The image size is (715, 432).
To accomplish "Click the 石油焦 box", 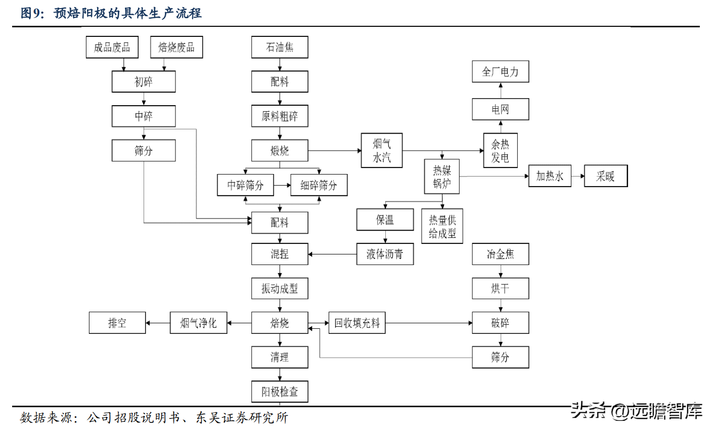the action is click(x=280, y=47).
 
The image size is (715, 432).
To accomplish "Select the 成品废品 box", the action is click(x=112, y=47).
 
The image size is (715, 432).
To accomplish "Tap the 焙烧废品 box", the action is click(x=176, y=47).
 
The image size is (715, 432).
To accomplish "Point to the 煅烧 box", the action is click(x=280, y=150).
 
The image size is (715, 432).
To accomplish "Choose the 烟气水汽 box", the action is click(x=382, y=150).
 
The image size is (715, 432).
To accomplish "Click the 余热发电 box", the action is click(x=501, y=150).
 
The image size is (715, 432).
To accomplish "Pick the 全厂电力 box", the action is click(x=501, y=71).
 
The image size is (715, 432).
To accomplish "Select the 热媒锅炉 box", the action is click(x=442, y=177).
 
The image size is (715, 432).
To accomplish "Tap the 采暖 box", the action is click(x=606, y=176).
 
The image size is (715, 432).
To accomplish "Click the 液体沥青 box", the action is click(x=385, y=254).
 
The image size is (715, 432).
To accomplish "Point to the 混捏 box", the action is click(x=280, y=254).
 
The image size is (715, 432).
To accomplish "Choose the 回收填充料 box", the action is click(x=357, y=323).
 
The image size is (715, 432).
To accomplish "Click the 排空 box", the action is click(x=117, y=323).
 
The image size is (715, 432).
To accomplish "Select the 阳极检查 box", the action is click(x=280, y=392).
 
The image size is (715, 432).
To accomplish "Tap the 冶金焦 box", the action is click(x=501, y=254).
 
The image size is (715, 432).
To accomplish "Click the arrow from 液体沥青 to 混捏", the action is click(x=332, y=254).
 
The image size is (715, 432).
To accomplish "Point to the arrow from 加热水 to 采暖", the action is click(x=578, y=176).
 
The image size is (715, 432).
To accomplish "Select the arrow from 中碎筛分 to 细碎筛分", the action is click(x=282, y=185).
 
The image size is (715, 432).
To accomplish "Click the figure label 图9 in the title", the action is click(x=31, y=14).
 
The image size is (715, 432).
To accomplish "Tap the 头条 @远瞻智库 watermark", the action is click(x=636, y=411).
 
